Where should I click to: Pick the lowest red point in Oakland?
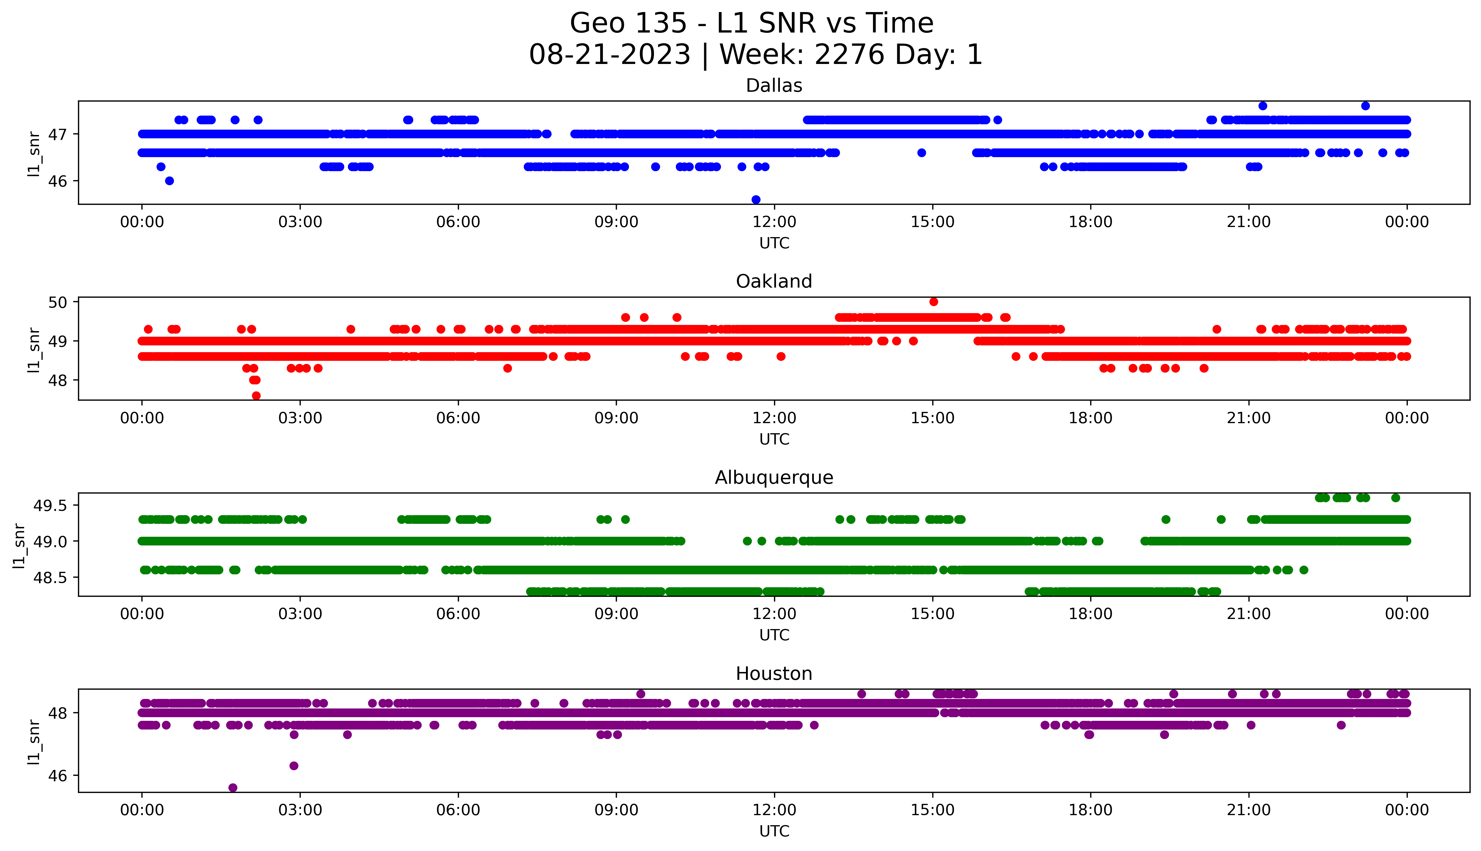coord(256,396)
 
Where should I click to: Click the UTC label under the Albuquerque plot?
coord(774,635)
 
